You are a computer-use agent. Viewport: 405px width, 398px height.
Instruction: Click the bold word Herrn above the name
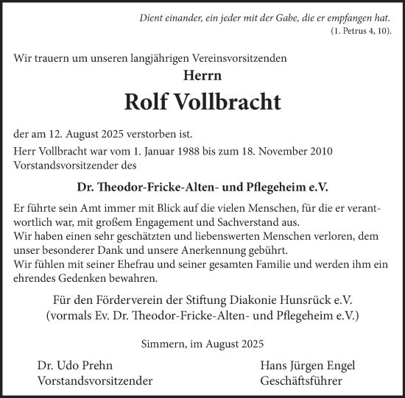click(x=202, y=74)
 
